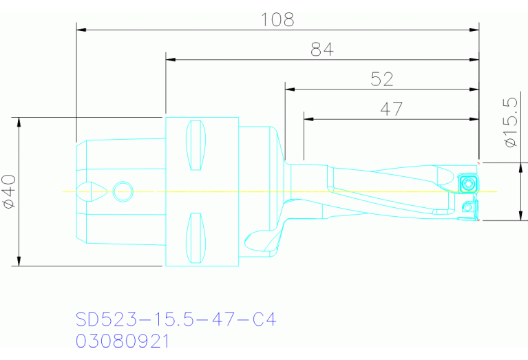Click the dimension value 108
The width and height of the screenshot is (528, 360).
pyautogui.click(x=277, y=19)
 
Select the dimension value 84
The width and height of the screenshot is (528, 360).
pyautogui.click(x=321, y=49)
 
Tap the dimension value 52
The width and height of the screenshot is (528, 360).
pyautogui.click(x=381, y=79)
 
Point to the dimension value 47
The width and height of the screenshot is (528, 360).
pyautogui.click(x=390, y=108)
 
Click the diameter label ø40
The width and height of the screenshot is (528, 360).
pyautogui.click(x=8, y=191)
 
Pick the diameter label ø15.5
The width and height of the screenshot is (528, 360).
pyautogui.click(x=510, y=122)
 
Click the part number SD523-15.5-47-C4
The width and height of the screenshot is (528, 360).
pyautogui.click(x=176, y=319)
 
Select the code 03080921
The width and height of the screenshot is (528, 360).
pyautogui.click(x=122, y=341)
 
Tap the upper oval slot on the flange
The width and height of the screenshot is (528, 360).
pyautogui.click(x=196, y=145)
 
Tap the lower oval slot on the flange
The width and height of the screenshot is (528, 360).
pyautogui.click(x=196, y=237)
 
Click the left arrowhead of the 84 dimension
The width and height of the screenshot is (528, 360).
pyautogui.click(x=171, y=60)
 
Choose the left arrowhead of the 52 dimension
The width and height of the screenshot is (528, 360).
pyautogui.click(x=290, y=89)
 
